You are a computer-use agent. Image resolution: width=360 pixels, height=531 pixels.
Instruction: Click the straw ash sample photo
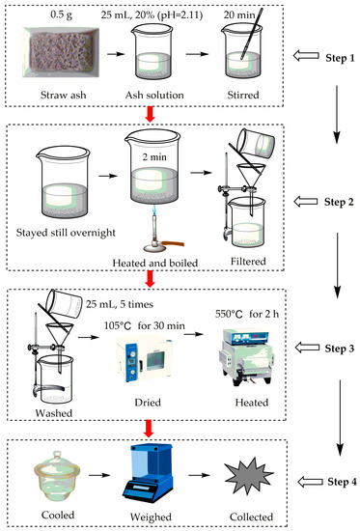pos(61,52)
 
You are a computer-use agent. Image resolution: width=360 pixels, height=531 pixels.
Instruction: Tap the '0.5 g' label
pos(62,14)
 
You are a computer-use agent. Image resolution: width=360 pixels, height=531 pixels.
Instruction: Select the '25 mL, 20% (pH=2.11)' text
pos(152,14)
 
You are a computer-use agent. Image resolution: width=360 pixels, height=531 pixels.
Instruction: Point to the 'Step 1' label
pos(340,58)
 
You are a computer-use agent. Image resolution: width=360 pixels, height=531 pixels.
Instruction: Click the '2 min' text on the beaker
pos(154,156)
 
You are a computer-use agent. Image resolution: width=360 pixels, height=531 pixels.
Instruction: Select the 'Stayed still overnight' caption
pos(66,233)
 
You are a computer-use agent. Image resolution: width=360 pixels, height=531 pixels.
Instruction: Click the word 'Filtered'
pos(248,261)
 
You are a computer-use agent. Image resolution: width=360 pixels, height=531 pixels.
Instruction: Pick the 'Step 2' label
pos(339,202)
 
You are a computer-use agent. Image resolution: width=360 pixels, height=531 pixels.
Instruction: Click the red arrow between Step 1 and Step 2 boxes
pos(150,115)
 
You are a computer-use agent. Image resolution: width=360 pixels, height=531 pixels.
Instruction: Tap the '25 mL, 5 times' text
pos(120,304)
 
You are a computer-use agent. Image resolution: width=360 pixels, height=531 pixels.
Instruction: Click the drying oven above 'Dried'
pos(145,359)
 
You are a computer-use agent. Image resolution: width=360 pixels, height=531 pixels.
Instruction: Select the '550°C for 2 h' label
pos(247,314)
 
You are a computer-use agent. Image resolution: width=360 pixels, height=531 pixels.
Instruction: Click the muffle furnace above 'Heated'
pos(246,357)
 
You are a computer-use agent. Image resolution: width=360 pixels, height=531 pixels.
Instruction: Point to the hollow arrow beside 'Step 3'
pos(307,348)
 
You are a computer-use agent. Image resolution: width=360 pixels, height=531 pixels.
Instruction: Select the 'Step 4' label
pos(342,482)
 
